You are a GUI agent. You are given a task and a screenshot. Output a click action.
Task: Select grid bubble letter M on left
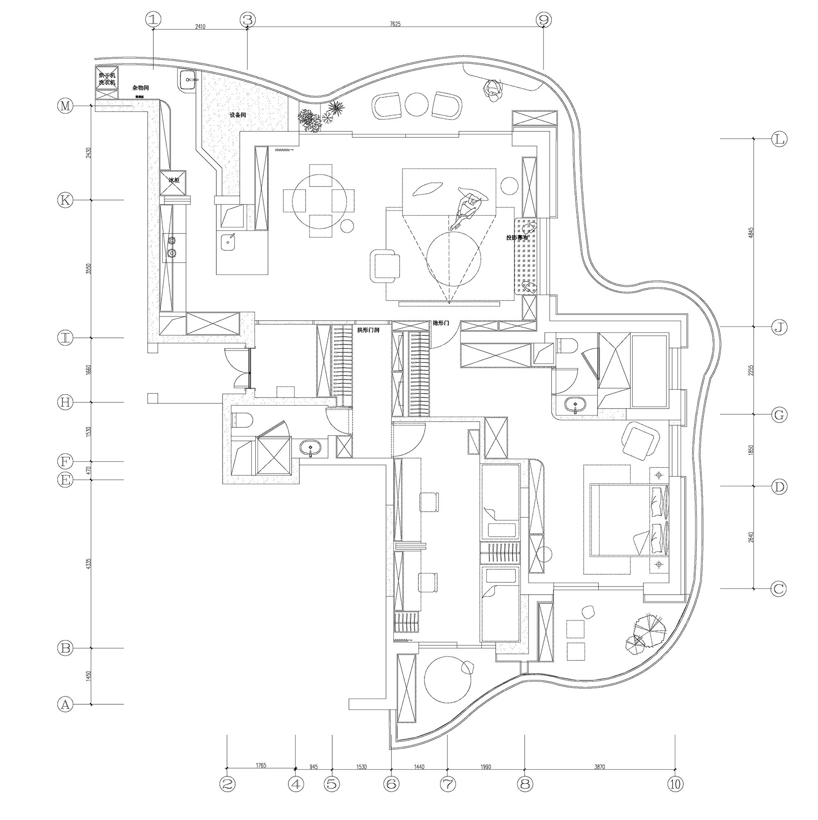(x=65, y=106)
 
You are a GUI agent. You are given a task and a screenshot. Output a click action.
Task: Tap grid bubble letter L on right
(x=779, y=139)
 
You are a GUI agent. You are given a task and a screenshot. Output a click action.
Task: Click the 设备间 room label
(x=238, y=115)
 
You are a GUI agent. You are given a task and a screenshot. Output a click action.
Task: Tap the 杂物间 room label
(x=141, y=88)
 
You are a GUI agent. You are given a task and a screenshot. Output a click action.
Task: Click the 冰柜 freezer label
(x=174, y=180)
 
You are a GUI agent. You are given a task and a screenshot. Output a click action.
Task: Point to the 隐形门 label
(x=440, y=324)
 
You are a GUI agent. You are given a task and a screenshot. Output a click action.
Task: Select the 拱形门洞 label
(x=368, y=329)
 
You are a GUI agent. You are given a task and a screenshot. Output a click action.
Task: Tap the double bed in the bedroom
(x=628, y=519)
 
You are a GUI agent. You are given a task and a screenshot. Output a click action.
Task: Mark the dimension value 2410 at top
(x=200, y=26)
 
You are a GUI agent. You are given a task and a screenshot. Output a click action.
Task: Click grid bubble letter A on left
(x=65, y=704)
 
